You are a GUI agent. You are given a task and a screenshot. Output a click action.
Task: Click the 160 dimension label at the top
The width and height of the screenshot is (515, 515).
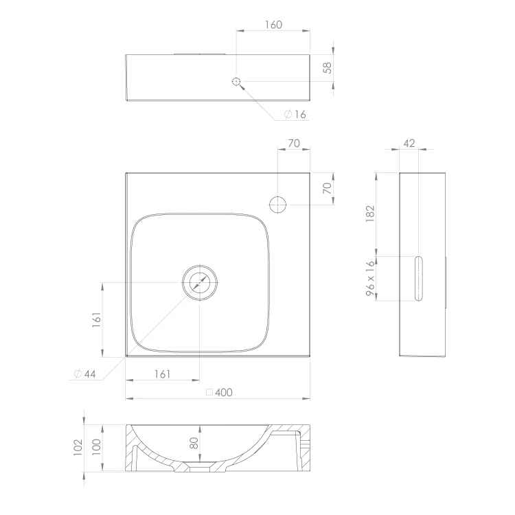tap(273, 25)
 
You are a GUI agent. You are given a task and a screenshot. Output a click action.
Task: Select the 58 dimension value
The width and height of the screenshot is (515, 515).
tap(328, 68)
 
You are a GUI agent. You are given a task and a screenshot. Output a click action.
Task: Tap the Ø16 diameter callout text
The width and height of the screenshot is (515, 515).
tap(295, 114)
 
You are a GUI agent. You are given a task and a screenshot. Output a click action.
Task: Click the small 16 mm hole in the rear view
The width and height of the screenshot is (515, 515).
tap(236, 81)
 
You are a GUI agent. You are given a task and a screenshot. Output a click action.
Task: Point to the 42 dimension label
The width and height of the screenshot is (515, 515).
tap(409, 144)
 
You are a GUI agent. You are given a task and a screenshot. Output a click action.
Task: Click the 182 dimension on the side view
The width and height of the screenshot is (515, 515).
tap(370, 214)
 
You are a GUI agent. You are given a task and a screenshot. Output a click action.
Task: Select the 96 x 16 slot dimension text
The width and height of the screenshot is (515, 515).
tap(370, 278)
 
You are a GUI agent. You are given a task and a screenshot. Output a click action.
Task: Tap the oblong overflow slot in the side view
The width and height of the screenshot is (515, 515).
tap(418, 279)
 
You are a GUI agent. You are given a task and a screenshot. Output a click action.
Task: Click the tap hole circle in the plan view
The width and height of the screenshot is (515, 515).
tap(278, 205)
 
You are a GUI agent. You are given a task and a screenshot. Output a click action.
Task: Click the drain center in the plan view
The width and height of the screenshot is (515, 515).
tap(200, 282)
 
